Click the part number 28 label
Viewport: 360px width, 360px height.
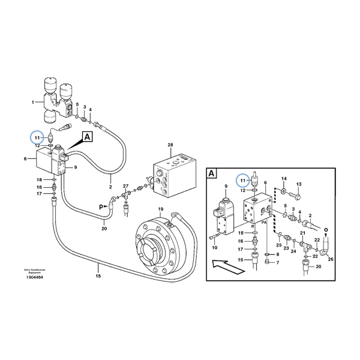pyautogui.click(x=170, y=146)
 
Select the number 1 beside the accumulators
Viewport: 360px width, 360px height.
pyautogui.click(x=32, y=103)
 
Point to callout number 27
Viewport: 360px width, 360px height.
pyautogui.click(x=125, y=187)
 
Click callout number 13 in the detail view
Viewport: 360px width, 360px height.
pyautogui.click(x=299, y=184)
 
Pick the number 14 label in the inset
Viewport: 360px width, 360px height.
pyautogui.click(x=284, y=179)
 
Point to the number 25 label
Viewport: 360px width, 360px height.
pyautogui.click(x=278, y=245)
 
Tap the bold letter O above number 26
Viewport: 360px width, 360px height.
pyautogui.click(x=326, y=228)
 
